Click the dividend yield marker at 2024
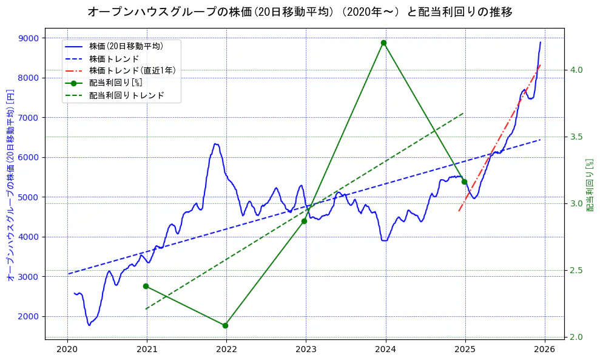click(383, 42)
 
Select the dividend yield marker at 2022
click(225, 325)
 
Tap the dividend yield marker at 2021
click(146, 286)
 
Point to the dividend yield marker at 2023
click(304, 221)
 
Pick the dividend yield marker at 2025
click(464, 182)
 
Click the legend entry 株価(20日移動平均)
click(126, 45)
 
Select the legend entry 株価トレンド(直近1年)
click(132, 70)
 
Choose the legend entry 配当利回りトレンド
click(126, 95)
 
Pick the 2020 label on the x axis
click(67, 349)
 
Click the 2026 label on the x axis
click(545, 349)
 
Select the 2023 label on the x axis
click(306, 349)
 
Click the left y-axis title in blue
click(10, 185)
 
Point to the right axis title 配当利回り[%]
click(588, 185)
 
